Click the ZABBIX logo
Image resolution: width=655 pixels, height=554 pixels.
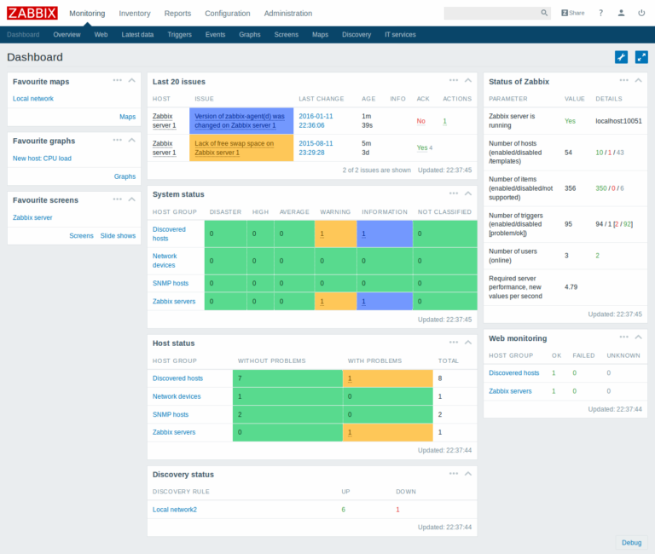pos(32,13)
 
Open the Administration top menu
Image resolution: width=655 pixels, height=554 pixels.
pos(287,14)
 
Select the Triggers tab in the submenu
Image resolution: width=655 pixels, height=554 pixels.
pos(179,34)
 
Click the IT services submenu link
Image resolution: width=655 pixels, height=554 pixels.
pos(400,34)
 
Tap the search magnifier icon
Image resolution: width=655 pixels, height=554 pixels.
pos(545,14)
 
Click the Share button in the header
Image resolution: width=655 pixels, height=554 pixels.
pos(572,14)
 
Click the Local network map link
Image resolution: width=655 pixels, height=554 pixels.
pos(33,99)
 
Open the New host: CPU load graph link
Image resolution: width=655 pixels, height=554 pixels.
pos(42,159)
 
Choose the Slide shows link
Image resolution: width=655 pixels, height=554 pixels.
pos(118,235)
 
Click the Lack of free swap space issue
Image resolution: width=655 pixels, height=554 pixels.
pos(235,148)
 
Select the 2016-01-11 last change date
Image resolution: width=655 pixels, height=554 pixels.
pos(316,115)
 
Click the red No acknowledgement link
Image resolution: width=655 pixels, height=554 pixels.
pos(420,121)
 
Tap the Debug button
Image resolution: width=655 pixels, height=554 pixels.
pos(631,542)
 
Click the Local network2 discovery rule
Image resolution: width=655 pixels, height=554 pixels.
pos(175,510)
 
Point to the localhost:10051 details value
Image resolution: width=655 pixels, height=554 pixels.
pos(618,121)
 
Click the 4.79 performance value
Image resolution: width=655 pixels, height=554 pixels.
pos(571,286)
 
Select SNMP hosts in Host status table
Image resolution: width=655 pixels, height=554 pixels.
pos(171,414)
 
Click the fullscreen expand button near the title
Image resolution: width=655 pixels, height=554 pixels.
pos(641,57)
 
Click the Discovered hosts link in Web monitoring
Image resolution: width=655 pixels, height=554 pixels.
pos(513,372)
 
